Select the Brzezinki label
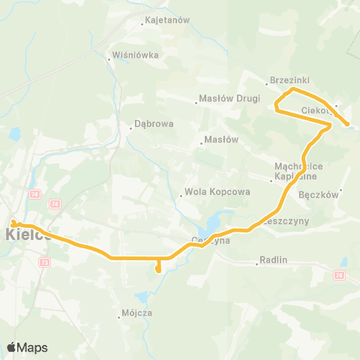point(290,80)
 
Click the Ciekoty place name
point(316,110)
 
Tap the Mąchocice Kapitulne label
point(297,172)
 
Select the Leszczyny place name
point(288,222)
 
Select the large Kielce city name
point(28,234)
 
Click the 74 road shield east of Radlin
point(340,275)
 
